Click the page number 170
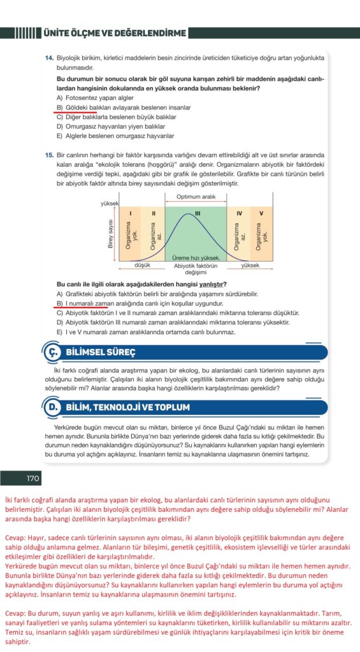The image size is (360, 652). (x=32, y=479)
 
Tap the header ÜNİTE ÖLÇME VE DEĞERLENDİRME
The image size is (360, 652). (x=115, y=33)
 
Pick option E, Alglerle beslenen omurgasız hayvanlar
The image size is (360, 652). (x=115, y=136)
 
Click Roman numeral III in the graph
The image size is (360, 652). (x=198, y=214)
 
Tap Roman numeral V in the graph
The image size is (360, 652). (x=261, y=214)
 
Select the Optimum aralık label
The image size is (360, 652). (x=196, y=197)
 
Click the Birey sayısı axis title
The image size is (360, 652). (x=111, y=234)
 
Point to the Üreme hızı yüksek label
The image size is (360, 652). (x=196, y=258)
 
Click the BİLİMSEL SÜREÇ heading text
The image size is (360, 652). (x=101, y=353)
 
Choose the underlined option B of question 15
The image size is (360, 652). (x=140, y=303)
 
